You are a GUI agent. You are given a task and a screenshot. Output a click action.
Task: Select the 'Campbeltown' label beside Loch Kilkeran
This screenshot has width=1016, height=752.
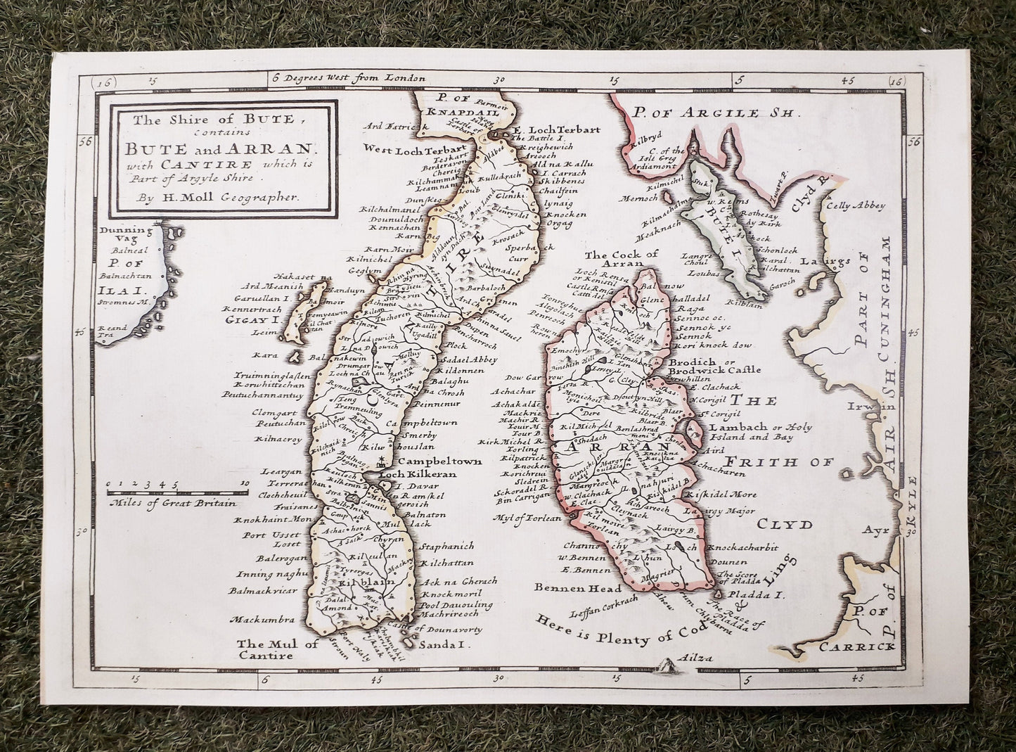click(430, 461)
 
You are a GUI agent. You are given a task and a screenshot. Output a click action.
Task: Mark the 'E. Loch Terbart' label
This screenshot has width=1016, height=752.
click(550, 129)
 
